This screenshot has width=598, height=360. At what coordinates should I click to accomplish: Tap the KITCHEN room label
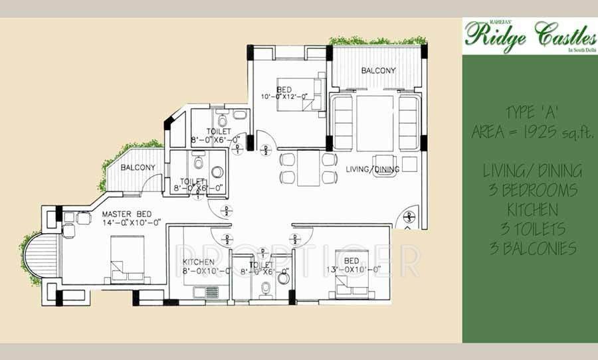pos(199,262)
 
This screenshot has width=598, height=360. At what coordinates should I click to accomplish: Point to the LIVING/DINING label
pos(372,169)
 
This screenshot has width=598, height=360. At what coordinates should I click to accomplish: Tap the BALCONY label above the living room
pos(378,70)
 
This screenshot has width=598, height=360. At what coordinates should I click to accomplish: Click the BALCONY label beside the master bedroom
pos(138,167)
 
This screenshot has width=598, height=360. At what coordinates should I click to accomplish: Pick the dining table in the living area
pos(308,169)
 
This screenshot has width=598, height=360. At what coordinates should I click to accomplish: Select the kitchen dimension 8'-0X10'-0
pos(207,271)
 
